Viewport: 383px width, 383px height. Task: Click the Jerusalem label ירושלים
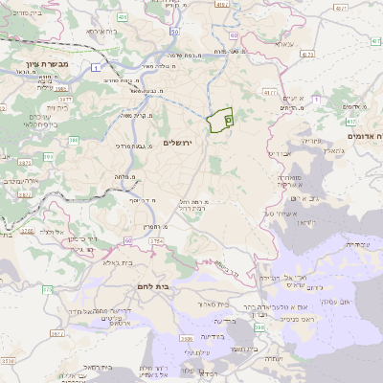point(178,142)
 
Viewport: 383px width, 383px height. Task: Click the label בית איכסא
point(102,32)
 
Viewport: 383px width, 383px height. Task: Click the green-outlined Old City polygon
point(220,121)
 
